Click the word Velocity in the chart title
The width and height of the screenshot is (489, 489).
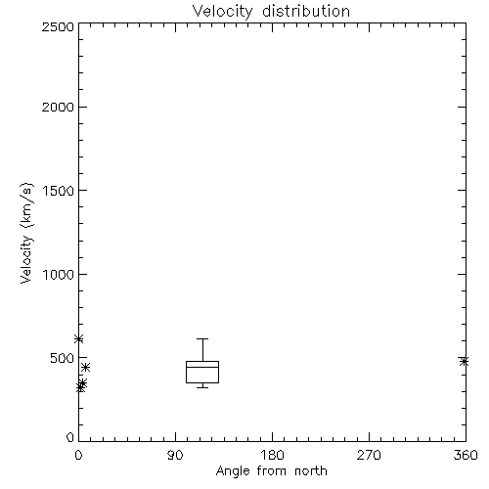[223, 12]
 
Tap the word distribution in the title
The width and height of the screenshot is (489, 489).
[306, 11]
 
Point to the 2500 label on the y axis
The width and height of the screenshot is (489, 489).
[58, 26]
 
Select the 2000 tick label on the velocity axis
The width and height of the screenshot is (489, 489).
[58, 107]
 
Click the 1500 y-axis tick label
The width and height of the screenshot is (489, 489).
[59, 191]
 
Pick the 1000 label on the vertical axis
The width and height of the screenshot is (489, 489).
[59, 274]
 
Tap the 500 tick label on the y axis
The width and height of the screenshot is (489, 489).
[63, 358]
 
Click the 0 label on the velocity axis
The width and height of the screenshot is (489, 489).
[70, 437]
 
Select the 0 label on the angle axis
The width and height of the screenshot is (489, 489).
[78, 455]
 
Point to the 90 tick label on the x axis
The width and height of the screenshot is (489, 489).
[175, 455]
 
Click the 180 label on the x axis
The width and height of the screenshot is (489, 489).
[272, 455]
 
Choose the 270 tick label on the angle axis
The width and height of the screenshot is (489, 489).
[369, 455]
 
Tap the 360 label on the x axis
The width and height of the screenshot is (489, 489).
[466, 455]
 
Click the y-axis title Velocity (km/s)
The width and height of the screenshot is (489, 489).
[26, 233]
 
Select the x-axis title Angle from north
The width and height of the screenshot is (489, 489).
[272, 471]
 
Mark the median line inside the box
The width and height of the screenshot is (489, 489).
[202, 367]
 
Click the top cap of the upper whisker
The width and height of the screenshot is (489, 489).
[202, 339]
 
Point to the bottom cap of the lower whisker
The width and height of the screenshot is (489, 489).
[202, 387]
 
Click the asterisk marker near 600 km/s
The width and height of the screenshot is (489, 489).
[78, 339]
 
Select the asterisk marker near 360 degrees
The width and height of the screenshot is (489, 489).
[465, 361]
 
